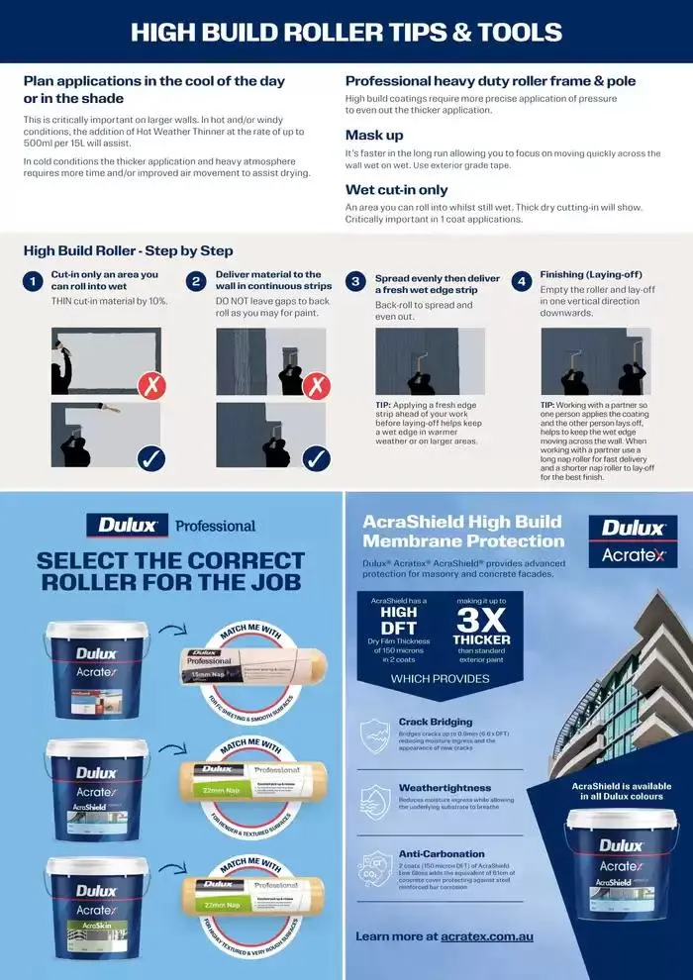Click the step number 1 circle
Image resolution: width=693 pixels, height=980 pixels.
pos(33,282)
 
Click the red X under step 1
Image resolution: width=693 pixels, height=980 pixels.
pos(151,384)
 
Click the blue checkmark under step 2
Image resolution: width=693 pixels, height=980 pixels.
pos(316,458)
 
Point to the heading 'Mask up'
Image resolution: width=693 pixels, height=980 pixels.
pos(374,135)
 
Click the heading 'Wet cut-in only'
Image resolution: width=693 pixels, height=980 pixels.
pos(396,189)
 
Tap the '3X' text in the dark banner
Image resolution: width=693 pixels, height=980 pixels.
pos(481,620)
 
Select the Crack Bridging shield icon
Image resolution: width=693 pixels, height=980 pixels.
pos(374,736)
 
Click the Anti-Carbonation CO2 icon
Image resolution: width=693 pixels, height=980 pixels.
pos(374,868)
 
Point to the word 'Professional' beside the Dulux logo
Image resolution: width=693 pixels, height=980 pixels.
pos(216,526)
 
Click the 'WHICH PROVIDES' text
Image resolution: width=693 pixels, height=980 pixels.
pos(441,679)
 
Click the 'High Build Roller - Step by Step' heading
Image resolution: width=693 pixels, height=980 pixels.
pos(129,250)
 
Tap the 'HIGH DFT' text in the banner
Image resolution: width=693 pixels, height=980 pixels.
pos(399,620)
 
